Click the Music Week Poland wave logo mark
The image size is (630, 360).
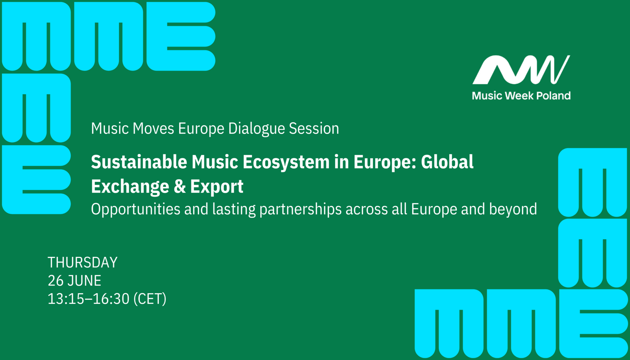521,70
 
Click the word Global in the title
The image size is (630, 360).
447,162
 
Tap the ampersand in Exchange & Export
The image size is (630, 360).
179,186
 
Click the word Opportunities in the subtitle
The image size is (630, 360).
136,209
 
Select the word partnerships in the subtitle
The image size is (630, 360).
301,209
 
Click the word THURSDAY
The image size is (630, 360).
82,263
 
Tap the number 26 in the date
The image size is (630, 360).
55,281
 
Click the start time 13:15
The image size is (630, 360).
66,299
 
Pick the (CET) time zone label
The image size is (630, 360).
150,299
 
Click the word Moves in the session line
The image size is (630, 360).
153,129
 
